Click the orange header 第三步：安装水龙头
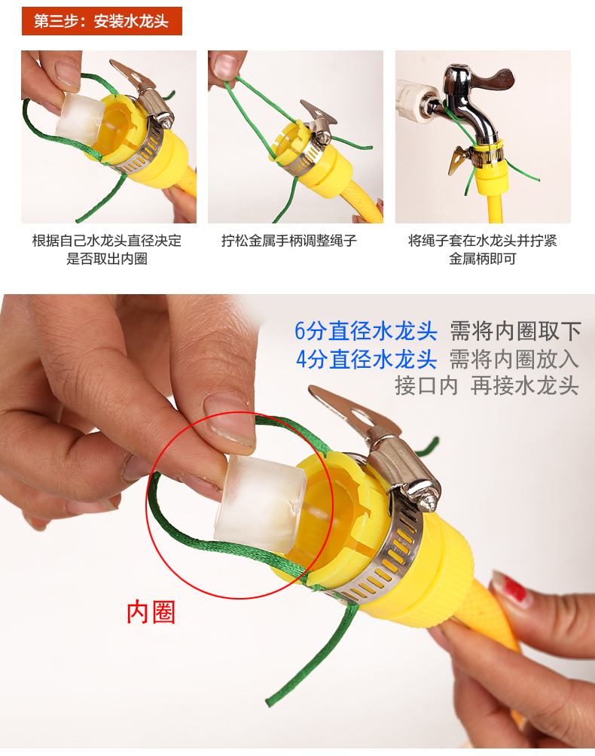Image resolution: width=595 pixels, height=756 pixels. pos(102,21)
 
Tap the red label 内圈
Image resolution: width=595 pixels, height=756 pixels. pos(151,612)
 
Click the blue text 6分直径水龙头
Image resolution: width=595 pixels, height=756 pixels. pos(366,331)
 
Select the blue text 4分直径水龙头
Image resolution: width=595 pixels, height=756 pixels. pos(366,360)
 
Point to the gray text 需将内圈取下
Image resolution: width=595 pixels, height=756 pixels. pos(515,331)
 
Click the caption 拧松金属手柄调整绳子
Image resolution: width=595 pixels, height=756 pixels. pos(289,241)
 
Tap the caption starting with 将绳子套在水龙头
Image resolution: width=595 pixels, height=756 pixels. pos(483,249)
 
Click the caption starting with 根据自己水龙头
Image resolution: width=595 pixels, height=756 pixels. pos(107,249)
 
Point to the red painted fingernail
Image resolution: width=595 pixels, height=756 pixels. pos(510,587)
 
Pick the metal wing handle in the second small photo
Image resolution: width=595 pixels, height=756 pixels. pos(318,114)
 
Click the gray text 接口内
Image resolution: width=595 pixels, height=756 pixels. pos(426,386)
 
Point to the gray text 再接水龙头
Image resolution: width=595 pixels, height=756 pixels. pos(524,386)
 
